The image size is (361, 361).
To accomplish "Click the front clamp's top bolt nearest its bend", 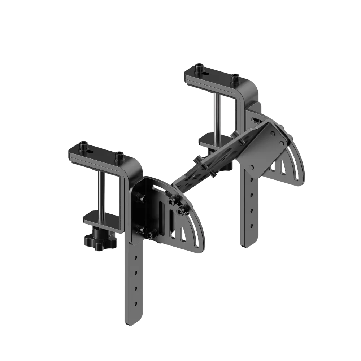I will pyautogui.click(x=119, y=156).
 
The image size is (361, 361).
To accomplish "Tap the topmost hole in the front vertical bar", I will pyautogui.click(x=136, y=257).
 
